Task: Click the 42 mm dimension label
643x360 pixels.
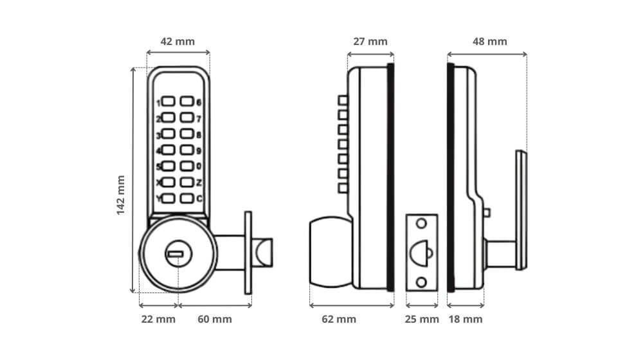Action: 177,42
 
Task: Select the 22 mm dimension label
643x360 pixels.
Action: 157,319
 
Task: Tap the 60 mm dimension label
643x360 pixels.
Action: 214,319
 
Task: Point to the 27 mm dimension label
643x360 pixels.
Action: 370,42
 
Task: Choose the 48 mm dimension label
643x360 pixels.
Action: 490,42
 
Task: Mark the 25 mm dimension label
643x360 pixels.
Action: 422,319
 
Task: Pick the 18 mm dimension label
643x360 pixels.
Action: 465,319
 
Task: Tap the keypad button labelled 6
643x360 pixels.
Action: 186,102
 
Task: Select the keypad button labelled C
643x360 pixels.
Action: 186,199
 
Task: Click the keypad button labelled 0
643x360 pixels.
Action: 186,166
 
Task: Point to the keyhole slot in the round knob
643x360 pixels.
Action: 175,256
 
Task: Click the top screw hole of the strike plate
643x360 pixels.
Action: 421,224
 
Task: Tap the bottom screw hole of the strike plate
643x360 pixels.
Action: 421,282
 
